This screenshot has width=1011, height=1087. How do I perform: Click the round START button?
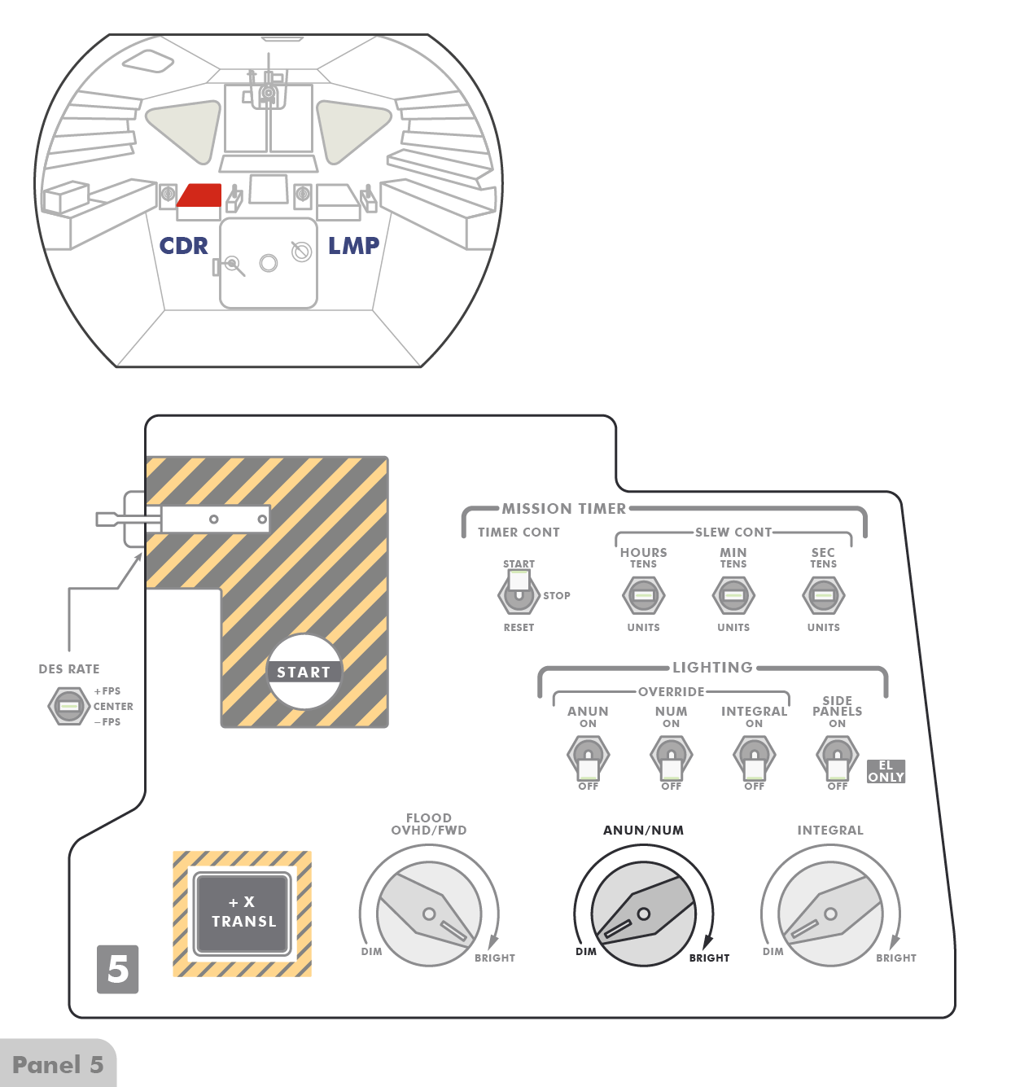tap(304, 672)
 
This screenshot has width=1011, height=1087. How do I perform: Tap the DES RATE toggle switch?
tap(69, 705)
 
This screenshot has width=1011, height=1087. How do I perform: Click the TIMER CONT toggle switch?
tap(519, 594)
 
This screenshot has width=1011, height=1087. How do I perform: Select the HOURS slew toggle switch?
tap(643, 595)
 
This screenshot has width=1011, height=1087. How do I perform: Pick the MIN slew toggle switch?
tap(733, 595)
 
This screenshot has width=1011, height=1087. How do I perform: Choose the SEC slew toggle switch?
tap(823, 595)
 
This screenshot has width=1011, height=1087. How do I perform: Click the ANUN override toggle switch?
tap(588, 757)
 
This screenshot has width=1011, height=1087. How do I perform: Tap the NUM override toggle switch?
tap(671, 757)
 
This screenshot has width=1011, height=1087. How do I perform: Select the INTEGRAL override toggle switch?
tap(755, 757)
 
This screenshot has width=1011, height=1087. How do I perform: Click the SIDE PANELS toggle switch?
tap(838, 757)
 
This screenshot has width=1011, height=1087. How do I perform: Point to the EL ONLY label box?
tap(886, 771)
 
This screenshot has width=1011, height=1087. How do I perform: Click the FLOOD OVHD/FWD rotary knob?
tap(429, 914)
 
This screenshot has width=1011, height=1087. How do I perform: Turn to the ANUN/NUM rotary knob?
tap(643, 914)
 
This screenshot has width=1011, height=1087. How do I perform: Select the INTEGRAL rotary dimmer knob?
tap(830, 914)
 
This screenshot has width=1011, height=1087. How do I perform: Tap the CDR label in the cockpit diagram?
tap(183, 246)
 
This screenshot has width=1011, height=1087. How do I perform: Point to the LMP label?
tap(353, 246)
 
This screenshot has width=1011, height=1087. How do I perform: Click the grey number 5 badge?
tap(118, 969)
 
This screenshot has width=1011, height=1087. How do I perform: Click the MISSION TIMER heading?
tap(564, 509)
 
